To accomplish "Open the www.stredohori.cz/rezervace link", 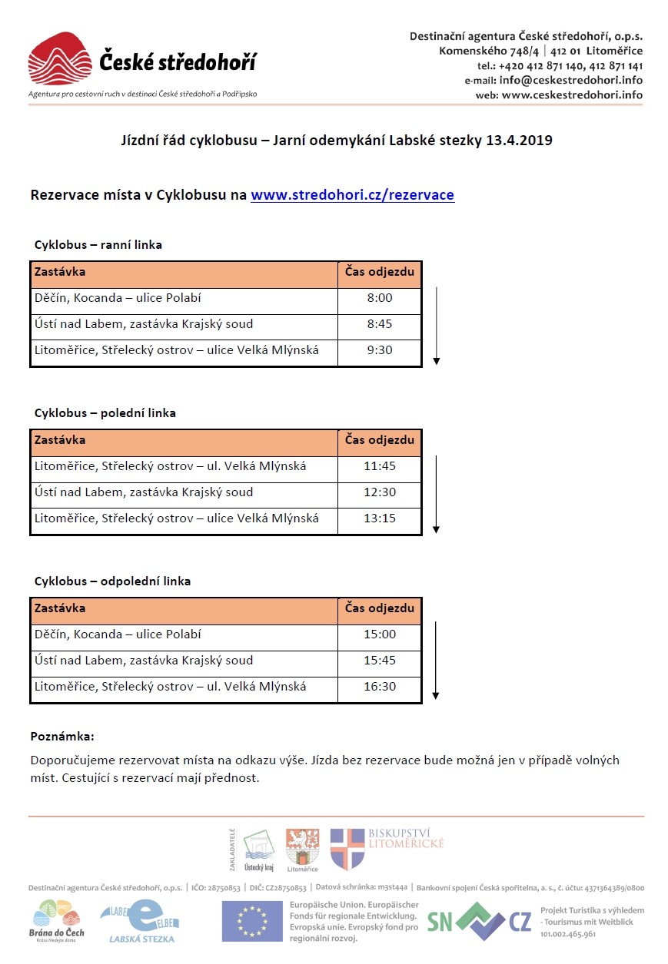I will point(352,195).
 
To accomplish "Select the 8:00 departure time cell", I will point(380,299).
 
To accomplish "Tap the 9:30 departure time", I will point(380,350).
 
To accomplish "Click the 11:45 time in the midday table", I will point(380,466).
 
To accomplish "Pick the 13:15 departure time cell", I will point(380,518).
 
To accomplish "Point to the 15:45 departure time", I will point(380,661).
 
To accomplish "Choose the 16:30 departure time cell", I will point(380,687).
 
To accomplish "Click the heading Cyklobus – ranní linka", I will point(98,245).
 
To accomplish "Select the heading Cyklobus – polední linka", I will point(105,413).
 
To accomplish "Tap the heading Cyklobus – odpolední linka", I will point(112,581).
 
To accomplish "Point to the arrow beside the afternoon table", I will point(436,661).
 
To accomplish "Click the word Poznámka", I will point(62,737).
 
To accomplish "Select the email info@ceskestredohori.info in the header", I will point(570,80).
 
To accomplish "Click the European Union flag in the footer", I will point(252,920).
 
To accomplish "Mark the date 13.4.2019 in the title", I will point(519,141).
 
